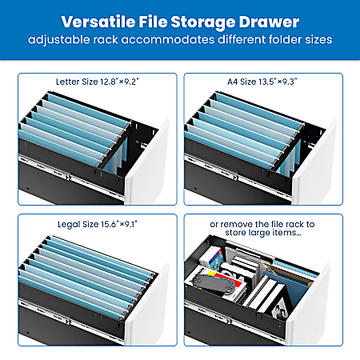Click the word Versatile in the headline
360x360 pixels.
pos(98,22)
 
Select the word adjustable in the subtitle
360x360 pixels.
pos(59,40)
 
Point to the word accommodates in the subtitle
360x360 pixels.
pos(168,39)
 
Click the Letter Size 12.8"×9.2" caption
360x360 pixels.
pos(98,82)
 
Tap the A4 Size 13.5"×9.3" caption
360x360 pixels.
pos(262,82)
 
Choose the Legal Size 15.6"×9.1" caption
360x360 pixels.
pos(98,224)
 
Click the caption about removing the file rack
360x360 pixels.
pos(262,229)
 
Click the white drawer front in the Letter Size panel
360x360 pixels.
pos(148,166)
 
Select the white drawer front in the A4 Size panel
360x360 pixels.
pos(314,166)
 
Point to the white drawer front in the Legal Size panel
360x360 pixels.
pos(148,306)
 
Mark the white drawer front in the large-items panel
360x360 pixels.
pos(310,306)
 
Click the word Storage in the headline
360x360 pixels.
pos(203,22)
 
